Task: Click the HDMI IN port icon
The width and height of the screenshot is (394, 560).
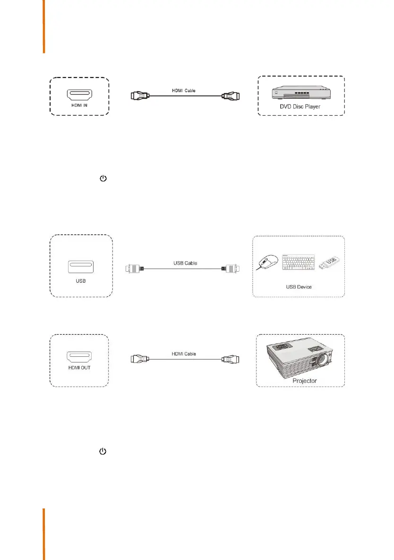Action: click(80, 92)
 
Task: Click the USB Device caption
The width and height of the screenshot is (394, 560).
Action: click(299, 287)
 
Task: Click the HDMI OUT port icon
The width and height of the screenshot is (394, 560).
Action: click(80, 357)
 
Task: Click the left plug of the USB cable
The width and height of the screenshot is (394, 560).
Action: click(133, 268)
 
